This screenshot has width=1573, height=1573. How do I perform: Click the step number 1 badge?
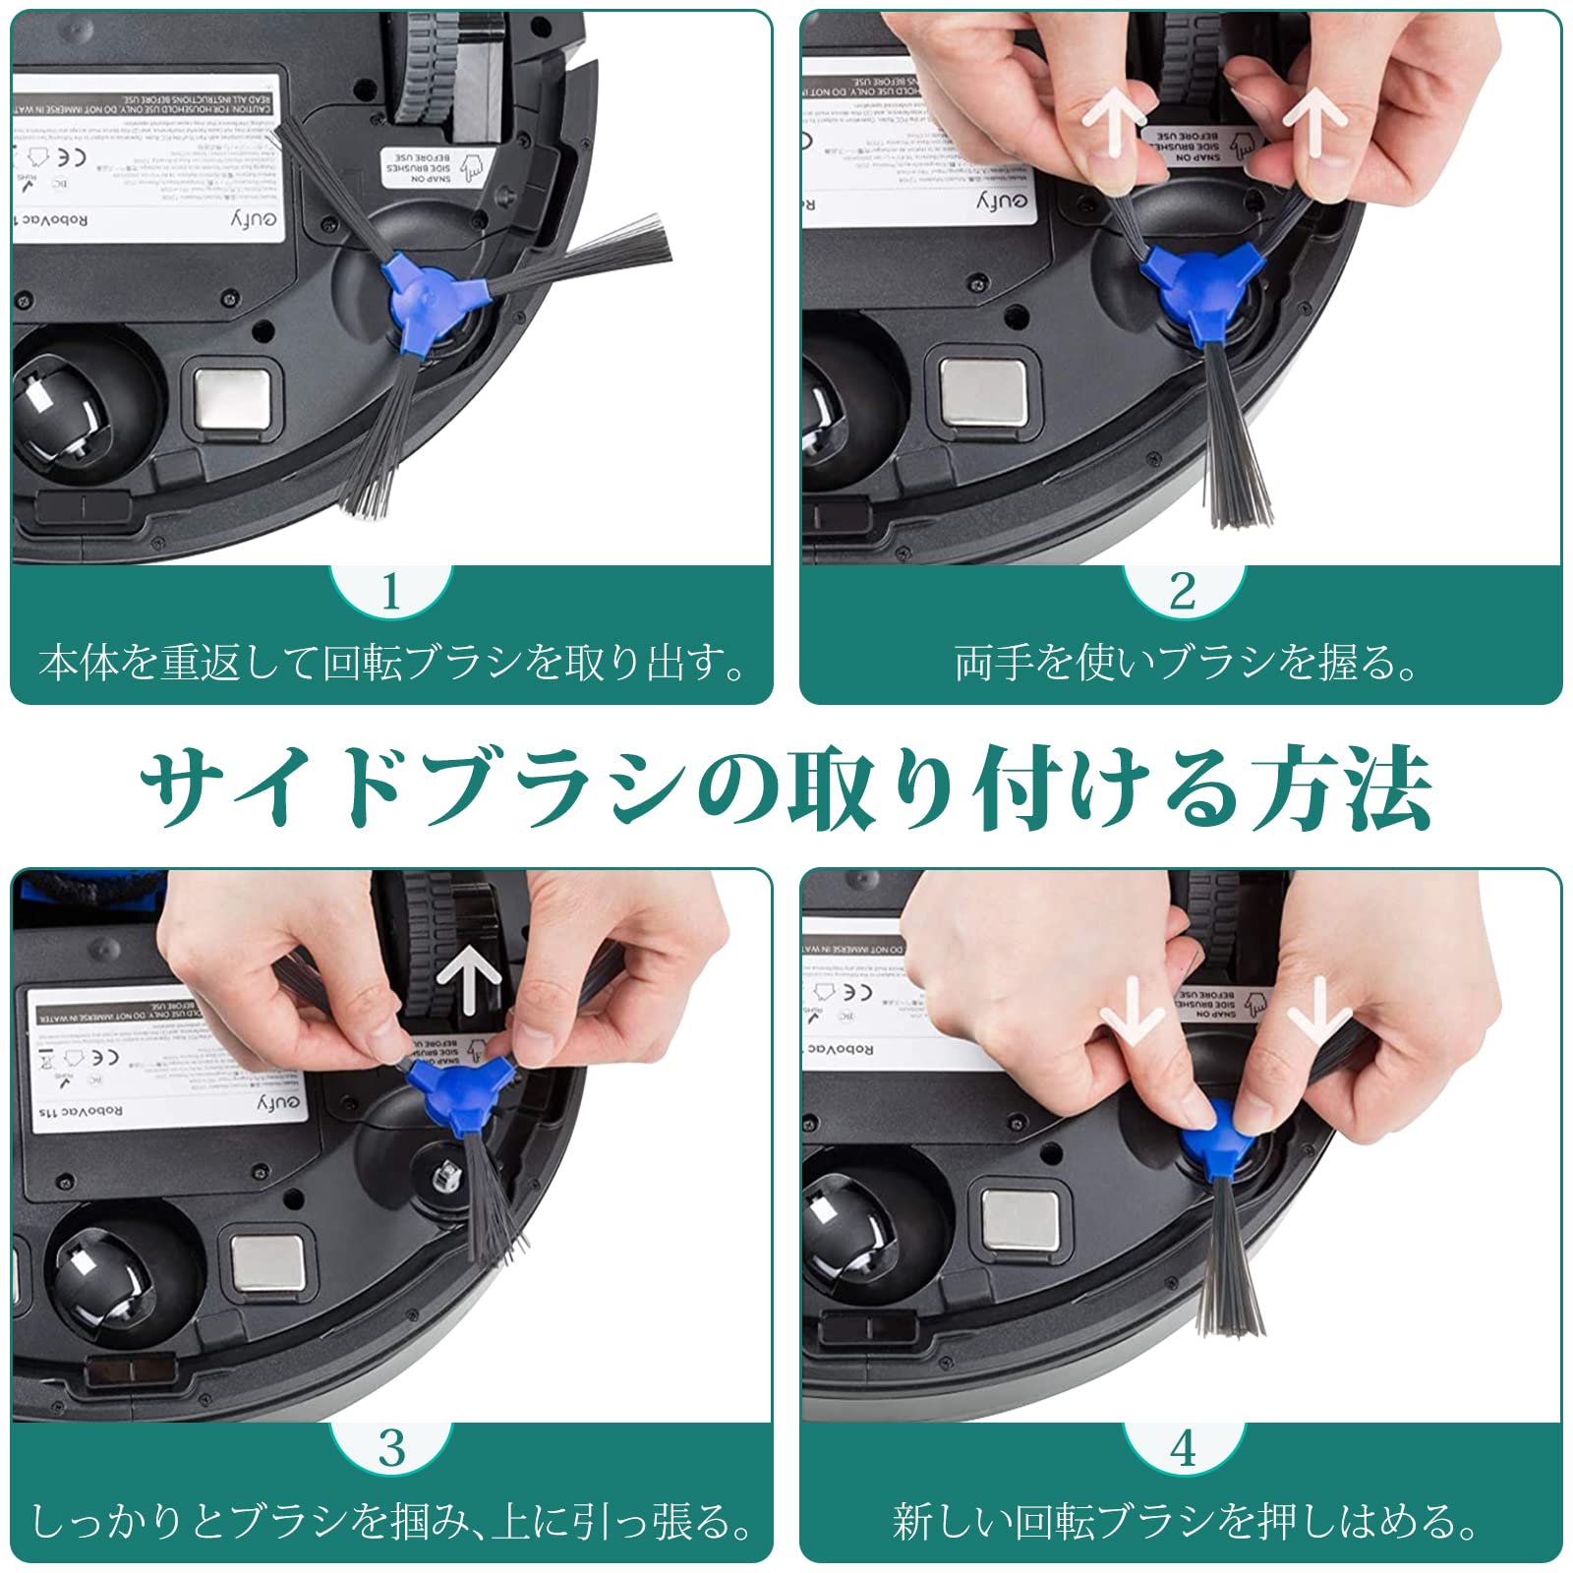[x=391, y=591]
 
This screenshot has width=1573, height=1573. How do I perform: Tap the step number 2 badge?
[x=1183, y=591]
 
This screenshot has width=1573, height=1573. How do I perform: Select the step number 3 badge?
[x=391, y=1448]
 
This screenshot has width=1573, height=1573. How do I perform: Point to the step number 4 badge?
[x=1183, y=1448]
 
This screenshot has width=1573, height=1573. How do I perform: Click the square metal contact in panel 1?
[x=232, y=399]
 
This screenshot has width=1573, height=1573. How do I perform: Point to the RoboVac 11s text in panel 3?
[x=81, y=1112]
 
